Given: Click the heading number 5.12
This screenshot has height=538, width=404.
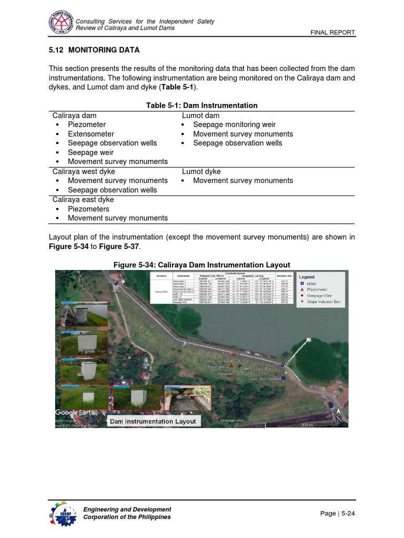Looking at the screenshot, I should tap(56, 50).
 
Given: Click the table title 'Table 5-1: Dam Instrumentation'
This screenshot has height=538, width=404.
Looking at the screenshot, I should tap(201, 106).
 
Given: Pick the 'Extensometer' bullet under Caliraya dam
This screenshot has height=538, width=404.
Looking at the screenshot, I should tap(90, 134).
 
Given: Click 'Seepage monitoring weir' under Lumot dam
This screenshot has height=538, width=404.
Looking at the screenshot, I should tap(234, 125).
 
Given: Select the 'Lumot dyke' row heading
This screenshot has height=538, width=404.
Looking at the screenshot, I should tap(201, 171).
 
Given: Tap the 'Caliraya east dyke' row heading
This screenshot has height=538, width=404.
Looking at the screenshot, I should tap(83, 200).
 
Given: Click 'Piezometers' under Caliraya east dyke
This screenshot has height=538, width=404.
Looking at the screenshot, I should tap(88, 209).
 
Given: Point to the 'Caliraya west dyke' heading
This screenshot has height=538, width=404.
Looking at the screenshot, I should tap(83, 171).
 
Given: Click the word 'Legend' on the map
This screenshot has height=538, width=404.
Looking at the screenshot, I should tap(307, 277).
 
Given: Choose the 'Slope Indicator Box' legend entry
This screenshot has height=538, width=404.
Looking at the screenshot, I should tap(324, 302).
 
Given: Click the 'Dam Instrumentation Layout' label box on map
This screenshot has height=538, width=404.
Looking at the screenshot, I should tap(152, 421).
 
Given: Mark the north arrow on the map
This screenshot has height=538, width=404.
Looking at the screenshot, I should tap(339, 415).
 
